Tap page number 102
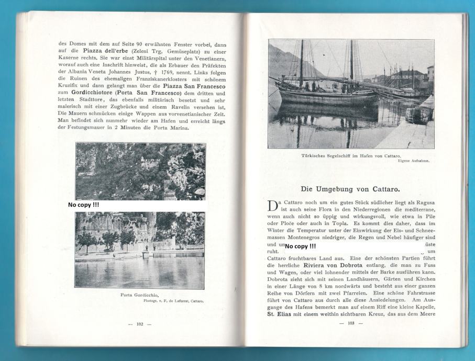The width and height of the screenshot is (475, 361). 140,324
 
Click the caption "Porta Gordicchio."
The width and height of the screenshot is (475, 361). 141,295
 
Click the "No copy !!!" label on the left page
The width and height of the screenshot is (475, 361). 84,205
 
